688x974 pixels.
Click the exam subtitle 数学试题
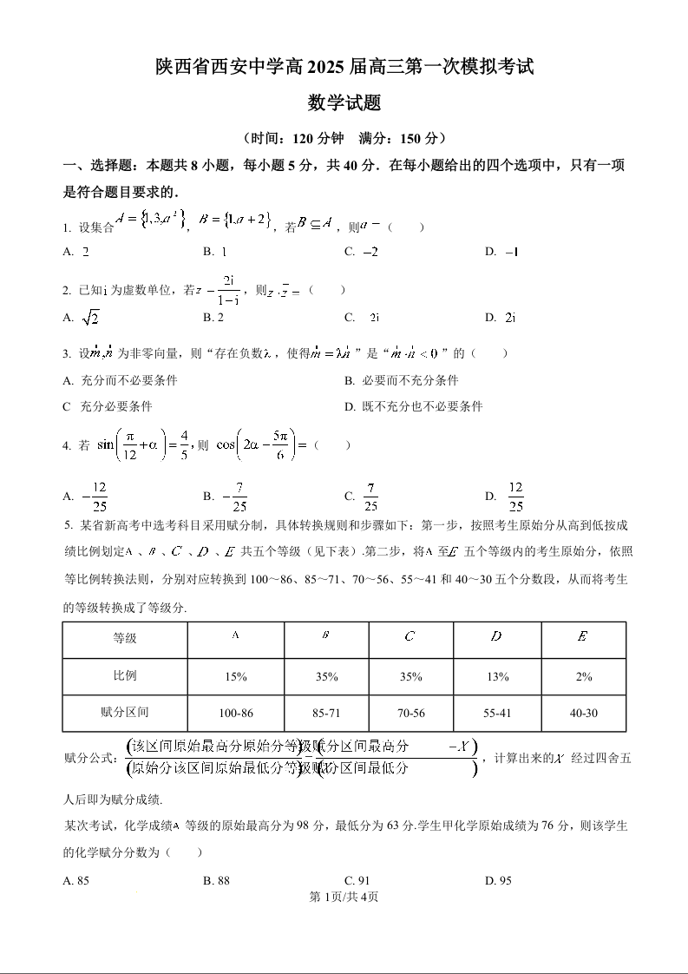click(344, 103)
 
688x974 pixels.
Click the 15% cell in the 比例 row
click(236, 676)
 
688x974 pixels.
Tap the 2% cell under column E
click(584, 676)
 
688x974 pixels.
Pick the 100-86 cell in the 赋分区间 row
click(236, 713)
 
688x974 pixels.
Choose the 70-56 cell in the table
click(411, 713)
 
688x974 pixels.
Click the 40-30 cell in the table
click(584, 713)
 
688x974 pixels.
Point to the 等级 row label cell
click(125, 638)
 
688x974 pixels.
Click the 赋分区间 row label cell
click(125, 713)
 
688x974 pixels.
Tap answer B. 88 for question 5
click(216, 880)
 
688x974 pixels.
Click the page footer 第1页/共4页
click(344, 897)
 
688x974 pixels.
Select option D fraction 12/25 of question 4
click(508, 497)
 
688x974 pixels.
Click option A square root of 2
click(82, 318)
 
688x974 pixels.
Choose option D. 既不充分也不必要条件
click(413, 406)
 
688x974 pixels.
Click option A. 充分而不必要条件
click(121, 380)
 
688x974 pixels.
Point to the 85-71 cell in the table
click(326, 713)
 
